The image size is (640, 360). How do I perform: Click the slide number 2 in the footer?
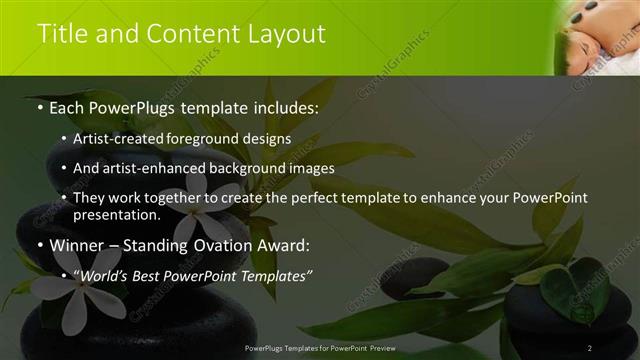(x=590, y=347)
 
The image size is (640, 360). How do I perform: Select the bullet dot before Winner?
(x=39, y=245)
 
